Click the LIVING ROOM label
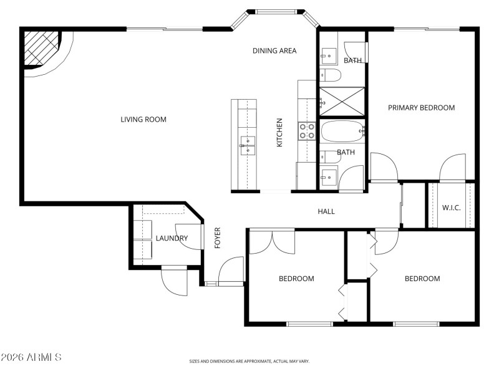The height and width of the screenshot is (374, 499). click(x=143, y=119)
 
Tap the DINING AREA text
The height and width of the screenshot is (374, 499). click(x=274, y=50)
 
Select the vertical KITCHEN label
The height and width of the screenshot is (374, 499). click(x=280, y=133)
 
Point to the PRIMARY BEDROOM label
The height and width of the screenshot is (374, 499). click(x=421, y=108)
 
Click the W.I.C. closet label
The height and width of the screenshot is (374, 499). click(x=451, y=208)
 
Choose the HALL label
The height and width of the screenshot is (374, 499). click(x=326, y=211)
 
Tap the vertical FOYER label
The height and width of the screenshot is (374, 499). click(x=218, y=238)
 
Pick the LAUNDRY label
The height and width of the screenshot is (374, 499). click(x=172, y=238)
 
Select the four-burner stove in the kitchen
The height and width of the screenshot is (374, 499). click(x=308, y=130)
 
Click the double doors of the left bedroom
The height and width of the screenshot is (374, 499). click(x=272, y=242)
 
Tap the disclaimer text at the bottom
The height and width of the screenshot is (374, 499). click(x=249, y=361)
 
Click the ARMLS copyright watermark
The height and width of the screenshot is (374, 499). click(x=31, y=357)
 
